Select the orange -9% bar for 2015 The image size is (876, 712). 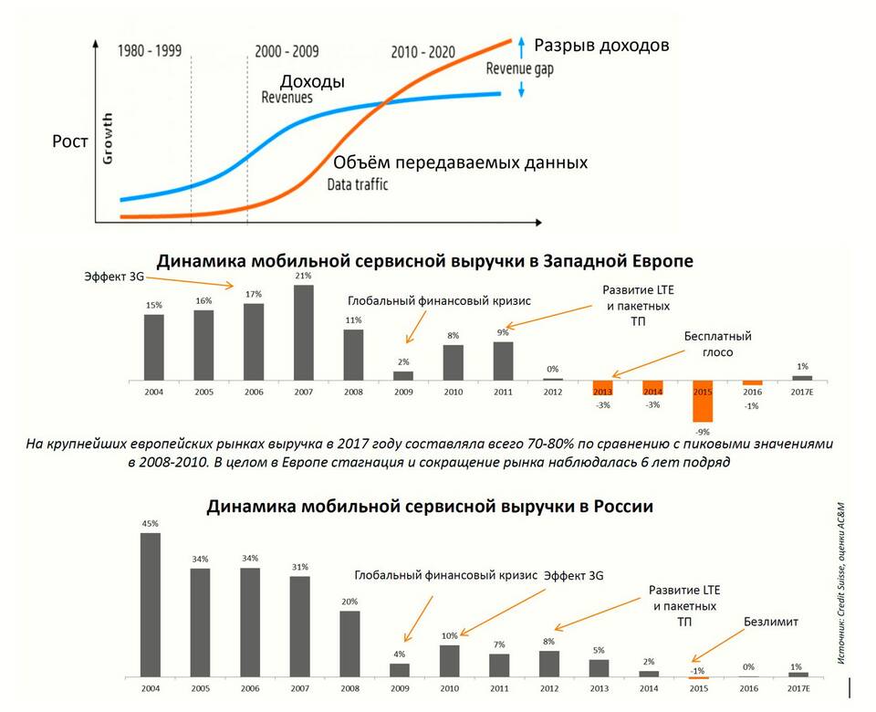coord(703,401)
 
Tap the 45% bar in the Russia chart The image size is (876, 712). coord(151,604)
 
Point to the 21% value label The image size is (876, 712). coord(304,276)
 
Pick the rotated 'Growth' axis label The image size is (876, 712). coord(109,138)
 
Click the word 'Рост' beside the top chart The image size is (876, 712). coord(70,141)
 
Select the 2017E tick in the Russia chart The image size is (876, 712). coord(798,686)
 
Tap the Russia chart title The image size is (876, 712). coord(430,505)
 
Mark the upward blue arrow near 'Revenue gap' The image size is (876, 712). coord(521,43)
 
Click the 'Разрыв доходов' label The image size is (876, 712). coord(601,44)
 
